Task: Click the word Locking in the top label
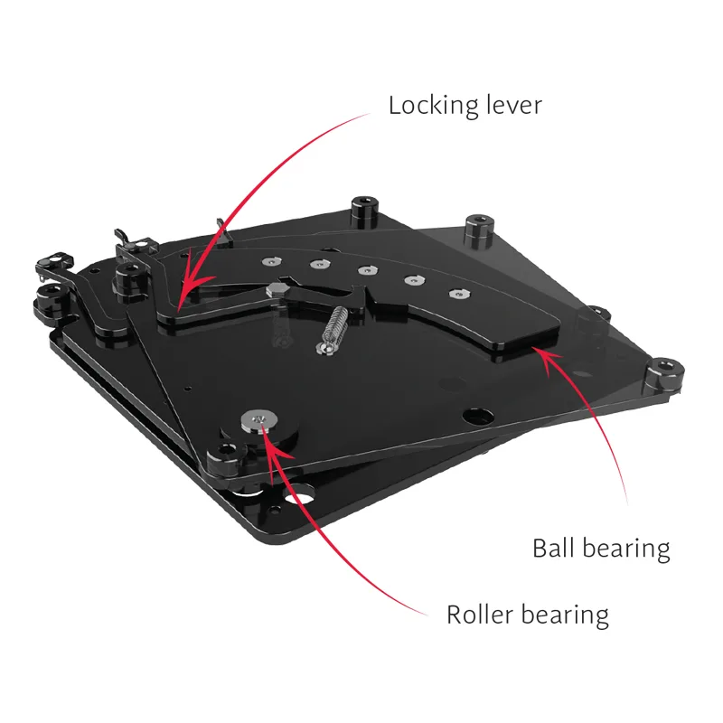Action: click(x=427, y=106)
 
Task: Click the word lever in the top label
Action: click(x=508, y=105)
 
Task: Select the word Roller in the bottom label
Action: click(x=480, y=615)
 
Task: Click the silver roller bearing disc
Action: click(x=259, y=420)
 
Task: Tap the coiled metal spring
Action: click(x=332, y=327)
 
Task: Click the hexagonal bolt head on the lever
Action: click(x=277, y=289)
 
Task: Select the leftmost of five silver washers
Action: click(x=271, y=262)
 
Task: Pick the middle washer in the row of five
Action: click(x=367, y=270)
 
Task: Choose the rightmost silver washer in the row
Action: click(x=460, y=294)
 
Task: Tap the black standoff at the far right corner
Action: click(x=664, y=374)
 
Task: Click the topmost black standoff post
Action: click(x=365, y=211)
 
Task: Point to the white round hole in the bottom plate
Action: click(x=300, y=499)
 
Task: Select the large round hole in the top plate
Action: click(x=478, y=416)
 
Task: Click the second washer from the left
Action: click(x=320, y=264)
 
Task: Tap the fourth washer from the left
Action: click(x=415, y=280)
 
